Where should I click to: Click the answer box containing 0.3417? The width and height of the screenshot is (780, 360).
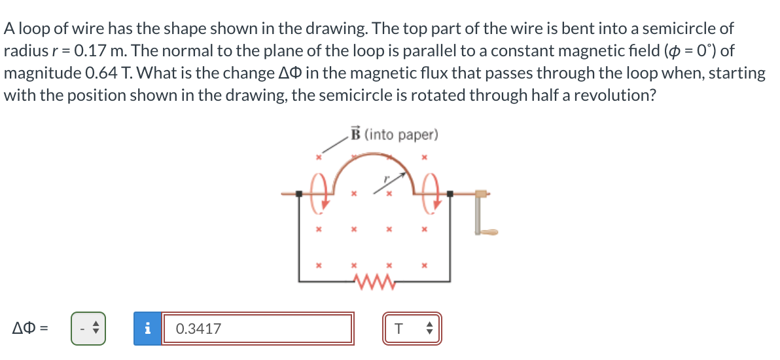[x=257, y=328]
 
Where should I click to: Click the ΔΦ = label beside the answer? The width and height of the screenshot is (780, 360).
[x=28, y=328]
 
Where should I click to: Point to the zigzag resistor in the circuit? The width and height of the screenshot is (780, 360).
[x=374, y=281]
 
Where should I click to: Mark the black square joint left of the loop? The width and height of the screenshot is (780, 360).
[x=299, y=194]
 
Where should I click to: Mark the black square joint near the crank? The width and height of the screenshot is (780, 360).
[x=450, y=194]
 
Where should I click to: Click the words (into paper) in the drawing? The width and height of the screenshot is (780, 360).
[x=400, y=135]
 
